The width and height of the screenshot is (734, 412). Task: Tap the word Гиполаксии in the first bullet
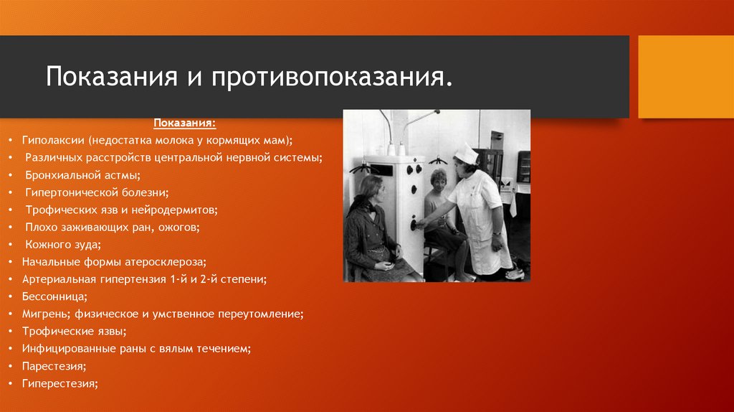(53, 141)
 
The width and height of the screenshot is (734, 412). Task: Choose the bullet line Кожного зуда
(68, 244)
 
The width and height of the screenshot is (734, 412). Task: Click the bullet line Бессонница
(54, 296)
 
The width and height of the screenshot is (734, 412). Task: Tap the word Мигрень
(44, 314)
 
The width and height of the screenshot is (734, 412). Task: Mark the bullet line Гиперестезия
(59, 383)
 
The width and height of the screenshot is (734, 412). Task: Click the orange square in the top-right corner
(685, 76)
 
